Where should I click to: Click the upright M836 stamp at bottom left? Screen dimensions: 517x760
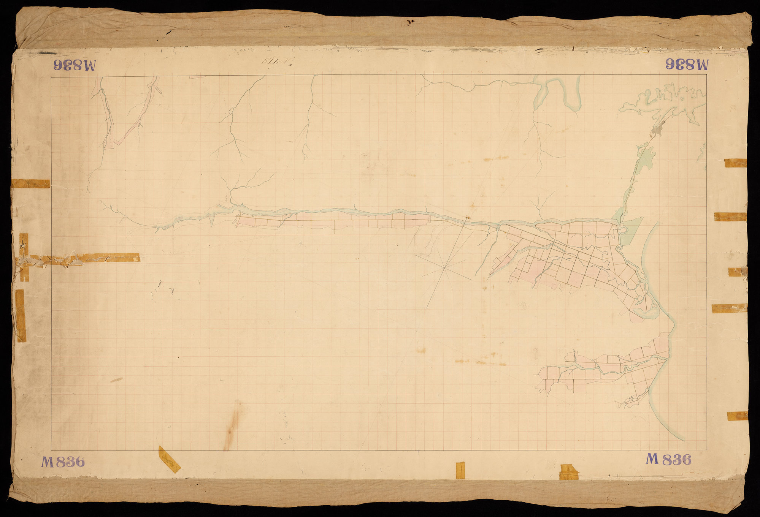click(x=63, y=462)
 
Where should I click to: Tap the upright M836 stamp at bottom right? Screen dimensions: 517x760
click(x=668, y=460)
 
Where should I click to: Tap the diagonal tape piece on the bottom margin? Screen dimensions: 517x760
click(x=169, y=459)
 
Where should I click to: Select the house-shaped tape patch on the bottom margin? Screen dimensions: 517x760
click(x=569, y=472)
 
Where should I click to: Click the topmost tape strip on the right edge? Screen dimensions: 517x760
click(x=735, y=163)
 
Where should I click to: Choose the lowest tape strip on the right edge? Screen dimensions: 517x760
click(x=737, y=416)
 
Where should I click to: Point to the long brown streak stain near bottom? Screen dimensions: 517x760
click(x=232, y=425)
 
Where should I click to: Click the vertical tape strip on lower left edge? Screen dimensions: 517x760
click(x=21, y=315)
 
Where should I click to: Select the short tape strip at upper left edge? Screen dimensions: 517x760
click(x=30, y=184)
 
